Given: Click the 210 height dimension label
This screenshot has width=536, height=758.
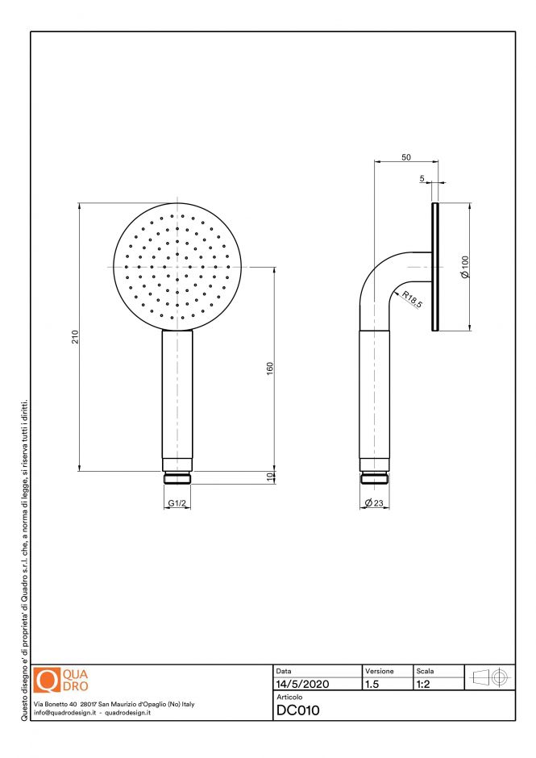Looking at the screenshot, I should [73, 337].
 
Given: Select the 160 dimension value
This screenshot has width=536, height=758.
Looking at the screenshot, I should [270, 369].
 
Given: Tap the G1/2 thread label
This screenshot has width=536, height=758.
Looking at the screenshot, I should [177, 503].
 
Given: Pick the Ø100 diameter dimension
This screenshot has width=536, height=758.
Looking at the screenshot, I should [464, 267].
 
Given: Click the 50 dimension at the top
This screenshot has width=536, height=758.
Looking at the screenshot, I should [406, 157].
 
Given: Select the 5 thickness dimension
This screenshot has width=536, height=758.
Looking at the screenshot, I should [422, 179].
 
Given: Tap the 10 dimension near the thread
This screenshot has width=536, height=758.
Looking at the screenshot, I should [270, 477].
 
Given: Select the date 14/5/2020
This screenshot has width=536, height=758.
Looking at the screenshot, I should [302, 684].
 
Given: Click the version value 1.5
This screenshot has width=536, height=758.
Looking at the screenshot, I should [372, 684].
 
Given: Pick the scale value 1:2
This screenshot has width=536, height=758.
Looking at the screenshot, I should [422, 684].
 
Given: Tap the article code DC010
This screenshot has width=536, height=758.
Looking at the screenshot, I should [298, 710].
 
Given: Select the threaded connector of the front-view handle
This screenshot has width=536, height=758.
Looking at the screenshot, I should [177, 477].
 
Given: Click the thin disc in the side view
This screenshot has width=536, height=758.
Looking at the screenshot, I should [435, 267].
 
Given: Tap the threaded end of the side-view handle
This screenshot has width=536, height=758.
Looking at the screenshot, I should [375, 477].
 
